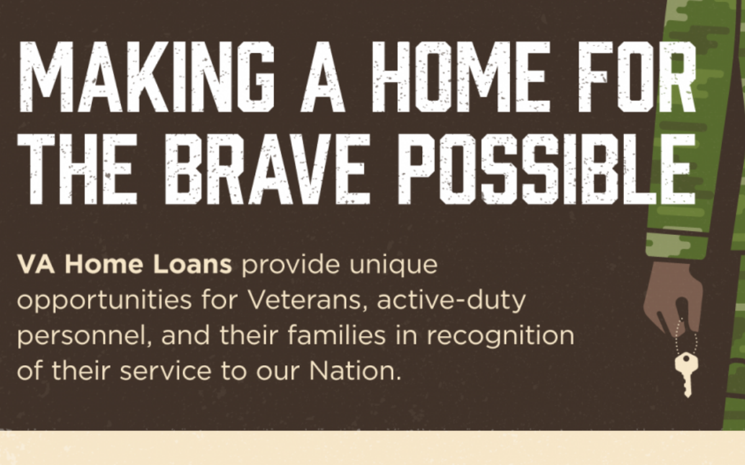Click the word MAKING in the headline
pyautogui.click(x=147, y=77)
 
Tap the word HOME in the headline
pyautogui.click(x=461, y=77)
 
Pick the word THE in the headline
pyautogui.click(x=78, y=169)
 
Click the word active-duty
pyautogui.click(x=451, y=301)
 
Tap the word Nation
pyautogui.click(x=355, y=371)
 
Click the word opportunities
pyautogui.click(x=104, y=301)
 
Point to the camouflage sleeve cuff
pyautogui.click(x=677, y=247)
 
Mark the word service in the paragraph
pyautogui.click(x=165, y=371)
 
